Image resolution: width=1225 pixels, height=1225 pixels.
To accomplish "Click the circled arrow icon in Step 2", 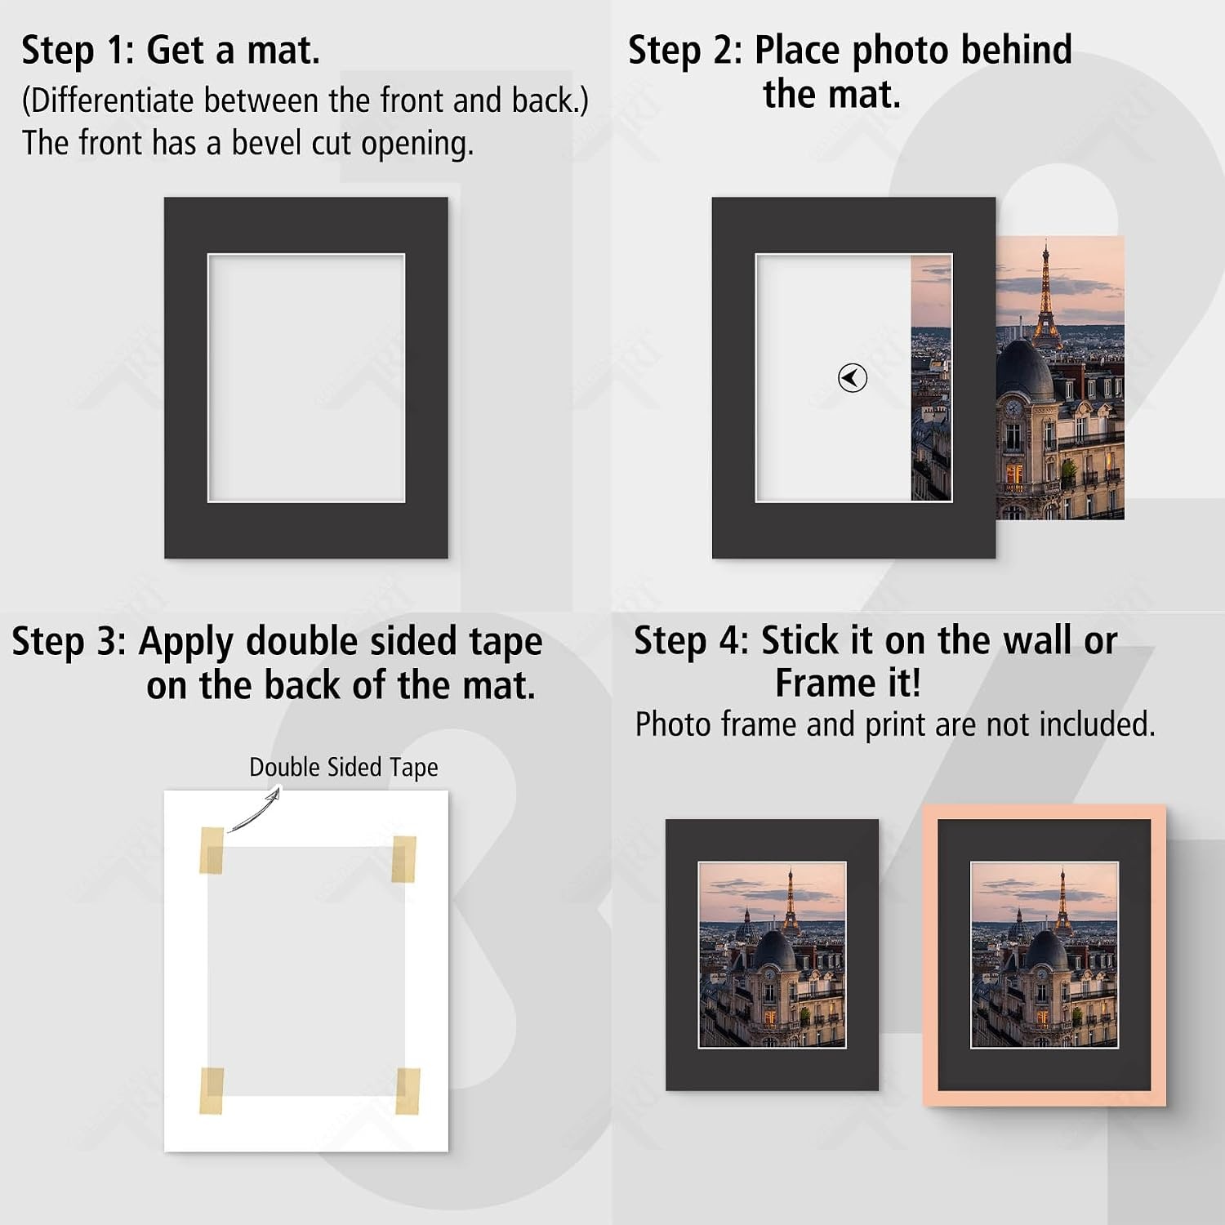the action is click(853, 378).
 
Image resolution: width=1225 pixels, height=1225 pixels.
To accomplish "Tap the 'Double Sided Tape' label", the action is click(343, 768).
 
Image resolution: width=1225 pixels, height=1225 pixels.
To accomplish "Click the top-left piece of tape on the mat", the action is click(212, 850).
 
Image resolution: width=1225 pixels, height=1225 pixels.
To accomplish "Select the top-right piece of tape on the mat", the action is click(403, 858).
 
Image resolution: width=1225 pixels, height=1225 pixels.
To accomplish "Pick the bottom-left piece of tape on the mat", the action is click(212, 1090).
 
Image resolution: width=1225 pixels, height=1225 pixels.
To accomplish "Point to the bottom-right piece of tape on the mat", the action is click(408, 1091).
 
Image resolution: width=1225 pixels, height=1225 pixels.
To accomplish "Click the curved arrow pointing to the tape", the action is click(253, 810).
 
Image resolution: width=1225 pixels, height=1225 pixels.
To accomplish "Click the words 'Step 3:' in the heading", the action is click(69, 642).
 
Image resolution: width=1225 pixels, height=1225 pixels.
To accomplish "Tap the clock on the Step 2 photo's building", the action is click(1013, 408).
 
